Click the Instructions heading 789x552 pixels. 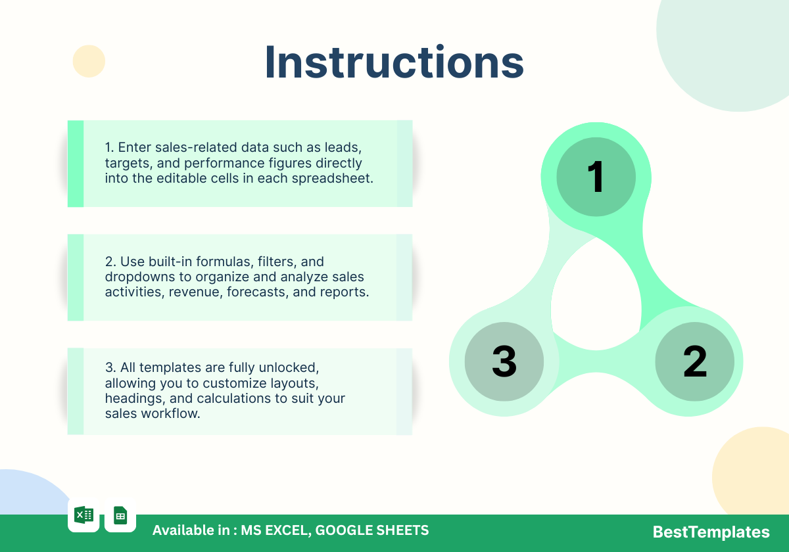[394, 62]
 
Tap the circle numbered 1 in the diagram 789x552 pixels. [596, 177]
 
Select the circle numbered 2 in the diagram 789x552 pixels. [694, 361]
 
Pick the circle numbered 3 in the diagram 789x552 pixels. [504, 361]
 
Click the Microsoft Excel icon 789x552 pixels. [84, 515]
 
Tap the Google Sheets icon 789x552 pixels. [120, 515]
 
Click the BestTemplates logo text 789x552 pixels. [711, 532]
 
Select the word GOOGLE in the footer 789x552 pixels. [337, 530]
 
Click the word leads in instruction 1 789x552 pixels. [343, 147]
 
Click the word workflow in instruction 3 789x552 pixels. [170, 413]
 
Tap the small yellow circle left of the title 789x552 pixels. [89, 61]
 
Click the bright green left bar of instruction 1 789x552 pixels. [76, 164]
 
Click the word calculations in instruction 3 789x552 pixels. [234, 398]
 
